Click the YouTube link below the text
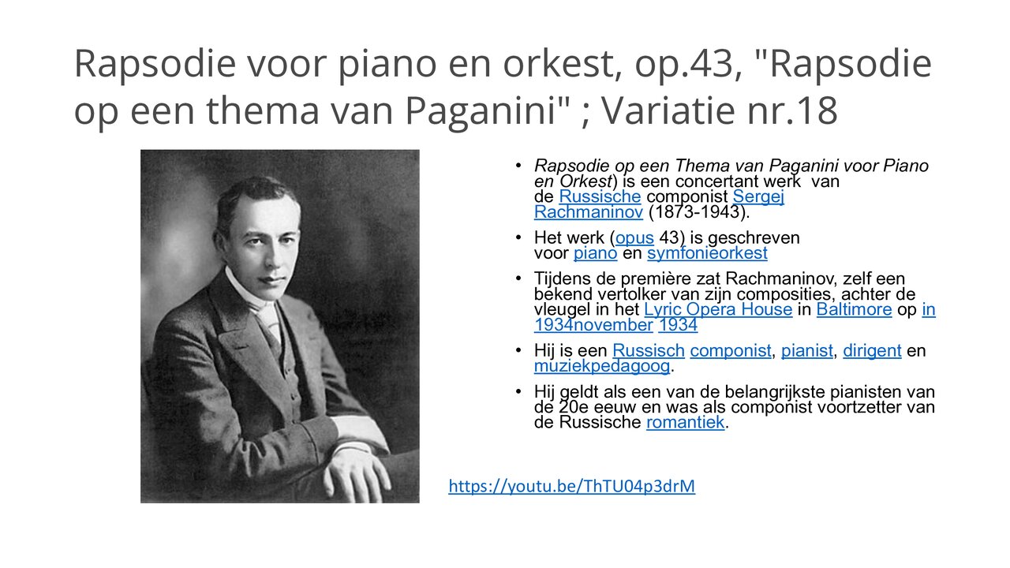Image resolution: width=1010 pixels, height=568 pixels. (x=571, y=486)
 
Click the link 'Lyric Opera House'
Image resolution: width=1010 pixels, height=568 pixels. (x=718, y=309)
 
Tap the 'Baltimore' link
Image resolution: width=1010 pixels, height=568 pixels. (x=854, y=309)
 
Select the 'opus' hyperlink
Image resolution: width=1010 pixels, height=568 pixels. (x=634, y=237)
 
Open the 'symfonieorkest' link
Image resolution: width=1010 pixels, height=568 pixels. (x=707, y=253)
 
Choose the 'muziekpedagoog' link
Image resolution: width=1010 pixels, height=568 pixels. (x=602, y=366)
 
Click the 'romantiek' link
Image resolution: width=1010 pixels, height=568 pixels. (x=685, y=423)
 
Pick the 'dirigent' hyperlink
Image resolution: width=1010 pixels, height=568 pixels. (x=872, y=351)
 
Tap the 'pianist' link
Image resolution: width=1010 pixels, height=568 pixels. (x=806, y=351)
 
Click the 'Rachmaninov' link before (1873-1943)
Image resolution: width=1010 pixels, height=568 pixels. (x=588, y=212)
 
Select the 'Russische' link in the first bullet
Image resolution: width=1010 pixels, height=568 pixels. (x=600, y=196)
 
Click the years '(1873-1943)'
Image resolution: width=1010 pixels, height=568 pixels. (x=698, y=212)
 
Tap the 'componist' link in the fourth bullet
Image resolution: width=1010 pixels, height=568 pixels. (x=731, y=351)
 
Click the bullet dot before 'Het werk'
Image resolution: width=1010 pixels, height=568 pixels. (x=518, y=237)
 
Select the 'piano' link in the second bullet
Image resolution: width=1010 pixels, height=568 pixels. (x=595, y=253)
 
